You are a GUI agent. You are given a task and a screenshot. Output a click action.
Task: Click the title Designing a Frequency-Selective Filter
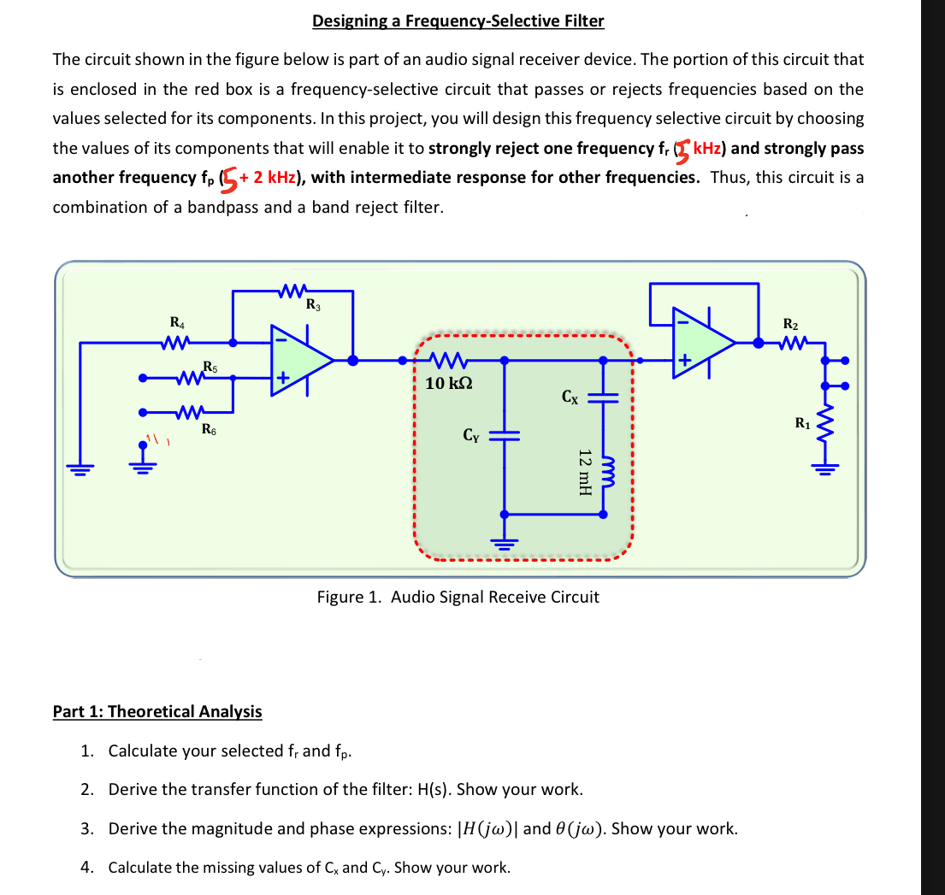point(458,21)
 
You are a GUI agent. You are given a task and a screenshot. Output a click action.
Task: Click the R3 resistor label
point(313,303)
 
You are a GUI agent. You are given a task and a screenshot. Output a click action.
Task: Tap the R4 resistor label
point(177,322)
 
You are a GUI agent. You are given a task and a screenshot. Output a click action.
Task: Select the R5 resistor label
point(210,367)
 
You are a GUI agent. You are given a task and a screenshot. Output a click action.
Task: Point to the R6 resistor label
point(209,429)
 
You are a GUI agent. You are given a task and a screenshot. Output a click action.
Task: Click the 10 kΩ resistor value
point(448,383)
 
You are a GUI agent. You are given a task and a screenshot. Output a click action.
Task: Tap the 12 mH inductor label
point(584,471)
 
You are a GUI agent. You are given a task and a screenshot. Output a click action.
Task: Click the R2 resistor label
point(790,323)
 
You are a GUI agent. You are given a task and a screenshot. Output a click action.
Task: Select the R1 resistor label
point(802,421)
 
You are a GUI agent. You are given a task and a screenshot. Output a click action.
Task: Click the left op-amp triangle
point(299,360)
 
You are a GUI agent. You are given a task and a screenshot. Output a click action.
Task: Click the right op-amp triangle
point(701,342)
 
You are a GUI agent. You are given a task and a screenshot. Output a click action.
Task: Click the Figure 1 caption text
point(458,597)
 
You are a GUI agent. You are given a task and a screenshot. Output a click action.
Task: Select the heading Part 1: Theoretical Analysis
point(157,711)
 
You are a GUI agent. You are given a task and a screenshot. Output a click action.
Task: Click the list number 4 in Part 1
point(86,868)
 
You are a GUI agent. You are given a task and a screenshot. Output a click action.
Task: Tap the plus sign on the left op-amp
point(282,377)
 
